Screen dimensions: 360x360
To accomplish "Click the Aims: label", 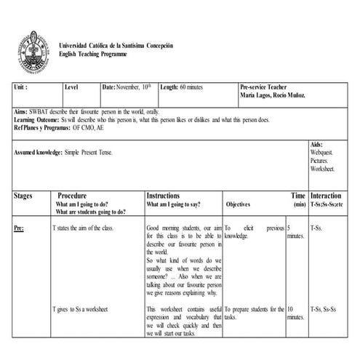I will click(x=21, y=112).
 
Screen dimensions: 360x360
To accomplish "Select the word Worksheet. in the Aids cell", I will click(x=322, y=168).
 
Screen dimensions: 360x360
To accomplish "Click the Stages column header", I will click(x=23, y=196).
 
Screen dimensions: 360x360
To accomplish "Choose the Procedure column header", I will click(x=73, y=196).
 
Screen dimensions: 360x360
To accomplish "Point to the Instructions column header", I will click(x=168, y=196).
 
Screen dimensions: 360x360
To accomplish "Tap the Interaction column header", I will click(x=325, y=196).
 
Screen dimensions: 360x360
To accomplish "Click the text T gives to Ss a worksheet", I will click(x=81, y=309).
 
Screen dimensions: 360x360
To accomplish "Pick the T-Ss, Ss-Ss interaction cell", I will click(x=324, y=309).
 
